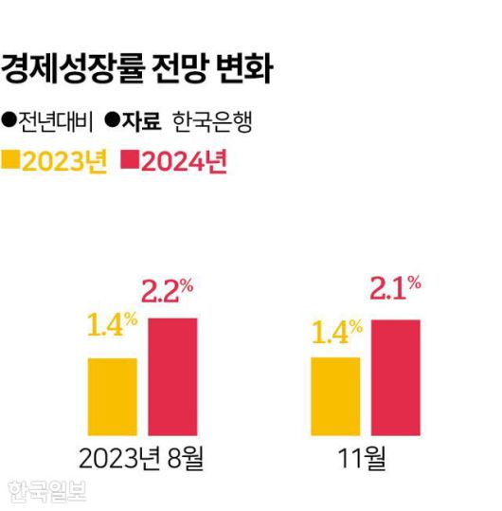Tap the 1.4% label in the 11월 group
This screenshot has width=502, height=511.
click(x=336, y=332)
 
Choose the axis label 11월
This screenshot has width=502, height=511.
click(x=363, y=460)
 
